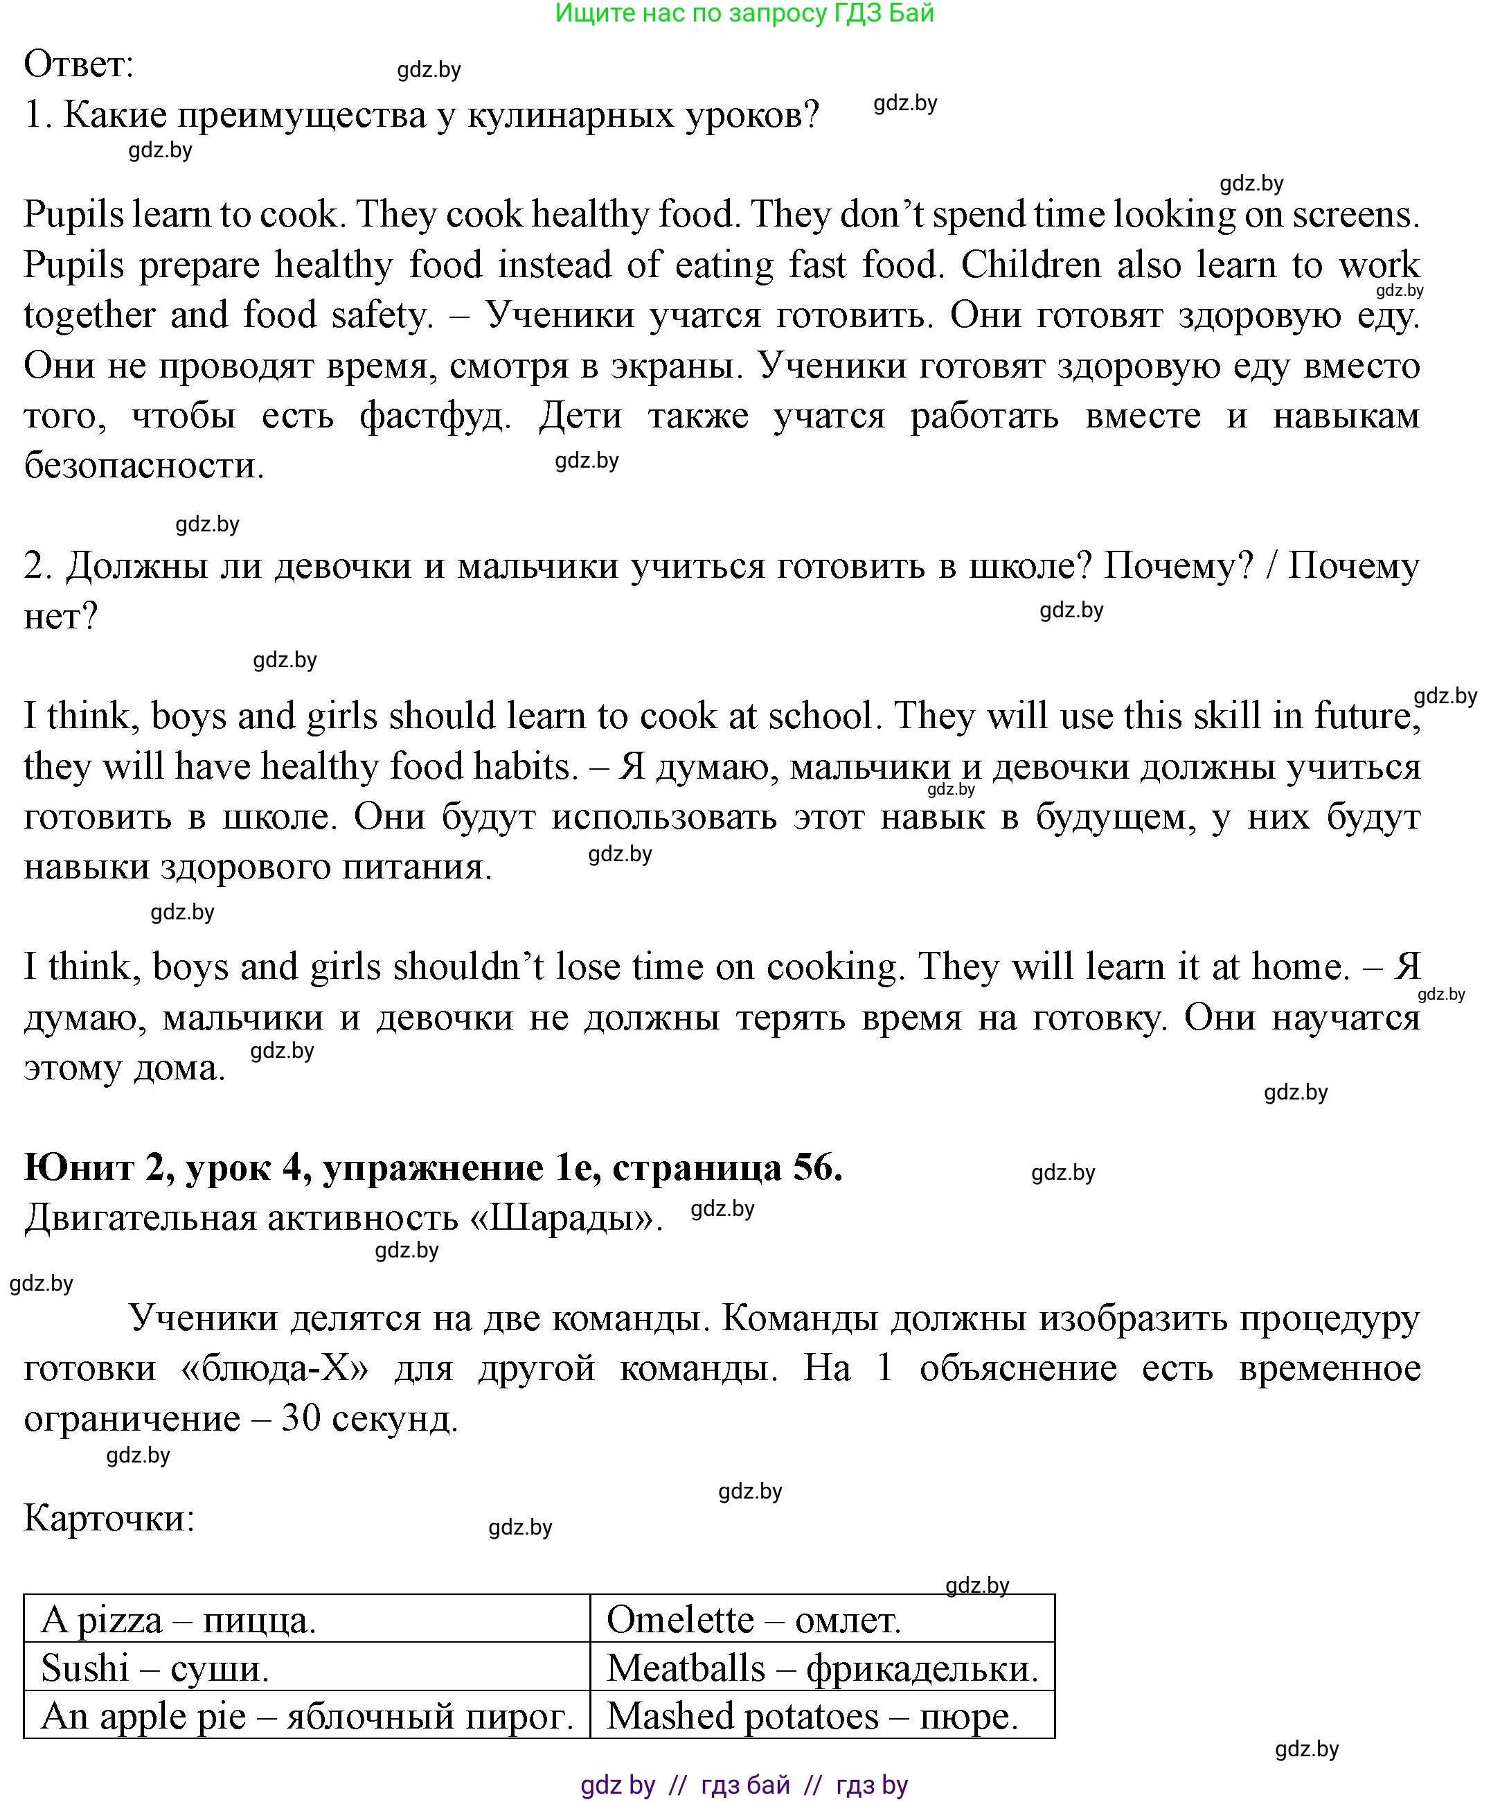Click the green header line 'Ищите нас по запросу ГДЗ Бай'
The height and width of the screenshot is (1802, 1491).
744,14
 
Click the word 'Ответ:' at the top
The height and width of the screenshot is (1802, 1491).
79,64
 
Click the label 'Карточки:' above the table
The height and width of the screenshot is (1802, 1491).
109,1518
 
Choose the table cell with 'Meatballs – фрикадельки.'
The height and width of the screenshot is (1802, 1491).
822,1668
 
